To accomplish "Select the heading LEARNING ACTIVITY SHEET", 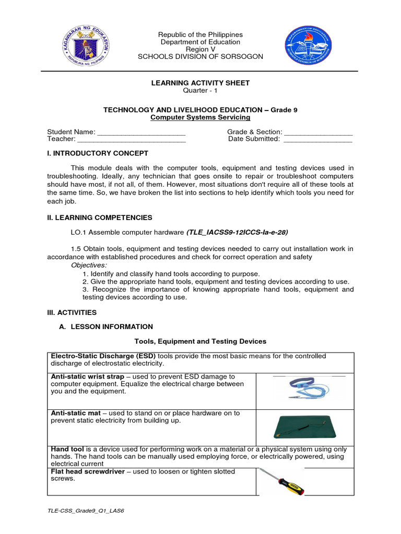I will point(200,83).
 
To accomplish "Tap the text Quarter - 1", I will point(200,90).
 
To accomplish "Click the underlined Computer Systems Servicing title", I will point(200,117).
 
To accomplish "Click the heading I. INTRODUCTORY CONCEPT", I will point(98,153).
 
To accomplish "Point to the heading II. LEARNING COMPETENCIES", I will point(100,217).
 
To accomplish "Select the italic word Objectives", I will point(88,265).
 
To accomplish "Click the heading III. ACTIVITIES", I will point(72,312).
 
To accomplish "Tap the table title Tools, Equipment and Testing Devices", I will point(200,341).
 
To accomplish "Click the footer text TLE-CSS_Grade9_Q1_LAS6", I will point(86,511).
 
